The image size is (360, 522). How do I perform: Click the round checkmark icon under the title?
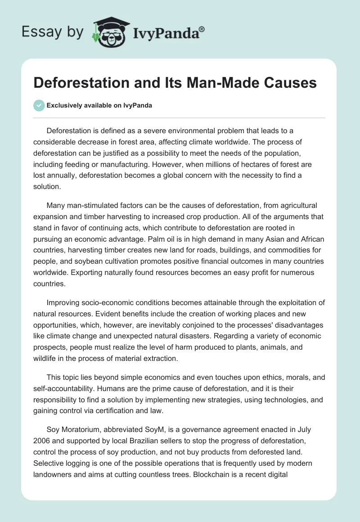click(39, 105)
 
